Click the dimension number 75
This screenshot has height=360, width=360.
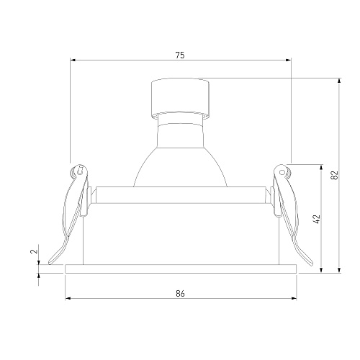tap(180, 55)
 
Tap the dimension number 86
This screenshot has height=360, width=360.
tap(180, 293)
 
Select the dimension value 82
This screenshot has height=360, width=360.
tap(335, 175)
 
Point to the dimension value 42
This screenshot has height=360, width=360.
tap(318, 219)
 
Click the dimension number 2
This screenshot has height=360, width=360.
tap(35, 251)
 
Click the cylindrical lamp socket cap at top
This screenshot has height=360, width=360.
tap(180, 98)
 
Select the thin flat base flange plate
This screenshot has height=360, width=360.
tap(181, 269)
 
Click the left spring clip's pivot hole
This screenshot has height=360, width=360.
tap(80, 170)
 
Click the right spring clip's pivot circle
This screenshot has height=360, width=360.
tap(282, 172)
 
